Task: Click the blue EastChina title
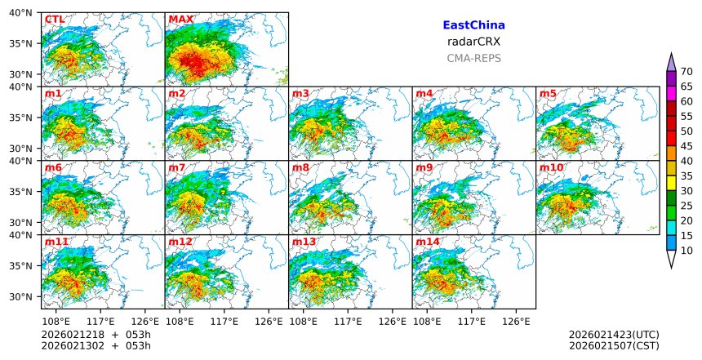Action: point(473,25)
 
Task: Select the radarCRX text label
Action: point(473,42)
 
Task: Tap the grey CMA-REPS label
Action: point(473,58)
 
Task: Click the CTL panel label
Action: point(54,20)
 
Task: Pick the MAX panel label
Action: point(180,20)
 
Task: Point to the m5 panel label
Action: point(548,94)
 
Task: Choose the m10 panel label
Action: point(551,168)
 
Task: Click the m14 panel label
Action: point(428,242)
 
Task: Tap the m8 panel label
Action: point(300,168)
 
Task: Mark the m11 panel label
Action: point(56,242)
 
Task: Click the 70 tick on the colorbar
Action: point(686,71)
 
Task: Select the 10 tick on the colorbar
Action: point(686,251)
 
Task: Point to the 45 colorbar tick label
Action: point(686,146)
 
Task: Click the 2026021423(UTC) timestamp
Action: point(614,335)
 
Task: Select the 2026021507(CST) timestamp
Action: point(614,346)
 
